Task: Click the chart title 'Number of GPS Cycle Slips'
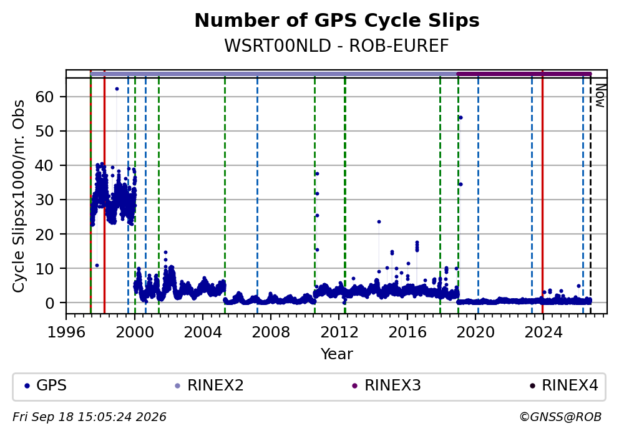tap(337, 21)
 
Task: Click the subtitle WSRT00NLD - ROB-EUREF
tap(337, 46)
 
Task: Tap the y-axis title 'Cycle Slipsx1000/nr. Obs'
tap(18, 196)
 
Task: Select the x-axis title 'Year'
tap(337, 354)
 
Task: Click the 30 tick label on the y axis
tap(44, 200)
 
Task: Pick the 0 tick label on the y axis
tap(49, 303)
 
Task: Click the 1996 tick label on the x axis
tap(66, 332)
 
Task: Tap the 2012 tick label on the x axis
tap(339, 332)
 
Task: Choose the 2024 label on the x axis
tap(543, 332)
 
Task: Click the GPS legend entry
tap(46, 385)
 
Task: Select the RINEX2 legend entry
tap(209, 385)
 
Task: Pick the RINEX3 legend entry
tap(386, 385)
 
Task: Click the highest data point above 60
tap(117, 89)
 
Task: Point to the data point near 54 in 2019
tap(461, 118)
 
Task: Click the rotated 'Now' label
tap(600, 95)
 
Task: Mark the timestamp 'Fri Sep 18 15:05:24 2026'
tap(90, 417)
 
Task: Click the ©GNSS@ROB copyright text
tap(560, 417)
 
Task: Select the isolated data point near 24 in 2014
tap(379, 222)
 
